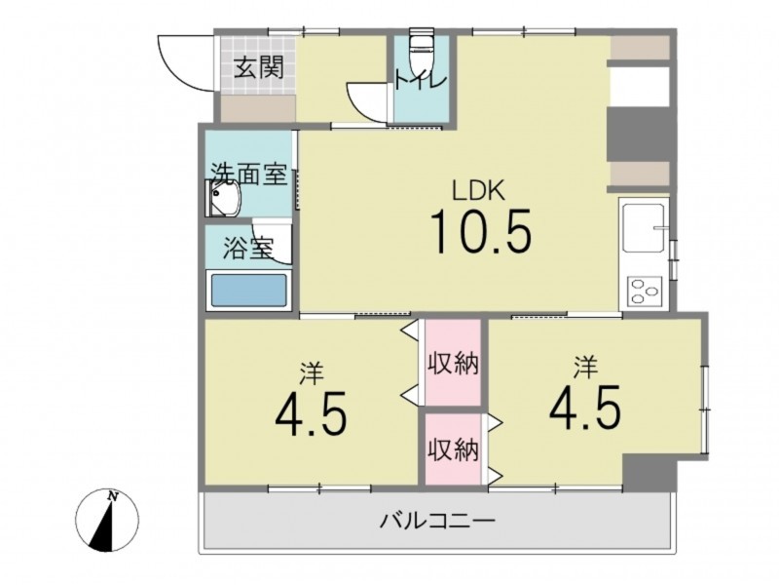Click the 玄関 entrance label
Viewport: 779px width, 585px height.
pyautogui.click(x=259, y=67)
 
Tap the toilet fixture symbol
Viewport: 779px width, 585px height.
pyautogui.click(x=422, y=48)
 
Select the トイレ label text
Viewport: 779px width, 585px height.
pyautogui.click(x=422, y=80)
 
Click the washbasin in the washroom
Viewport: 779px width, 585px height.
pyautogui.click(x=224, y=199)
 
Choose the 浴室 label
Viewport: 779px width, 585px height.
pyautogui.click(x=248, y=249)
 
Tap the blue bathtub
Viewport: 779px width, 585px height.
pyautogui.click(x=249, y=291)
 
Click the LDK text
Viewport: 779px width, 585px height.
pyautogui.click(x=478, y=190)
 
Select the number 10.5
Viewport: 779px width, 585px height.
pyautogui.click(x=481, y=231)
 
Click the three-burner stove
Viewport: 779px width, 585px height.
pyautogui.click(x=645, y=291)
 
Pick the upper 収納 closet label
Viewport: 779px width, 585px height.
pyautogui.click(x=454, y=363)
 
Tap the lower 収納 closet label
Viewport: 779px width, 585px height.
pyautogui.click(x=454, y=450)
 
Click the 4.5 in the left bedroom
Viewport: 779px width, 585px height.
pyautogui.click(x=311, y=413)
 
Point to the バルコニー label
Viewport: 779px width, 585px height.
pyautogui.click(x=437, y=522)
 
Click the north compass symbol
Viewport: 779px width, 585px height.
pyautogui.click(x=107, y=521)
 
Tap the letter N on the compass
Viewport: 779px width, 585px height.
pyautogui.click(x=113, y=496)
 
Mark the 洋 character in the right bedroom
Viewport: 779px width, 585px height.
pyautogui.click(x=585, y=368)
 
